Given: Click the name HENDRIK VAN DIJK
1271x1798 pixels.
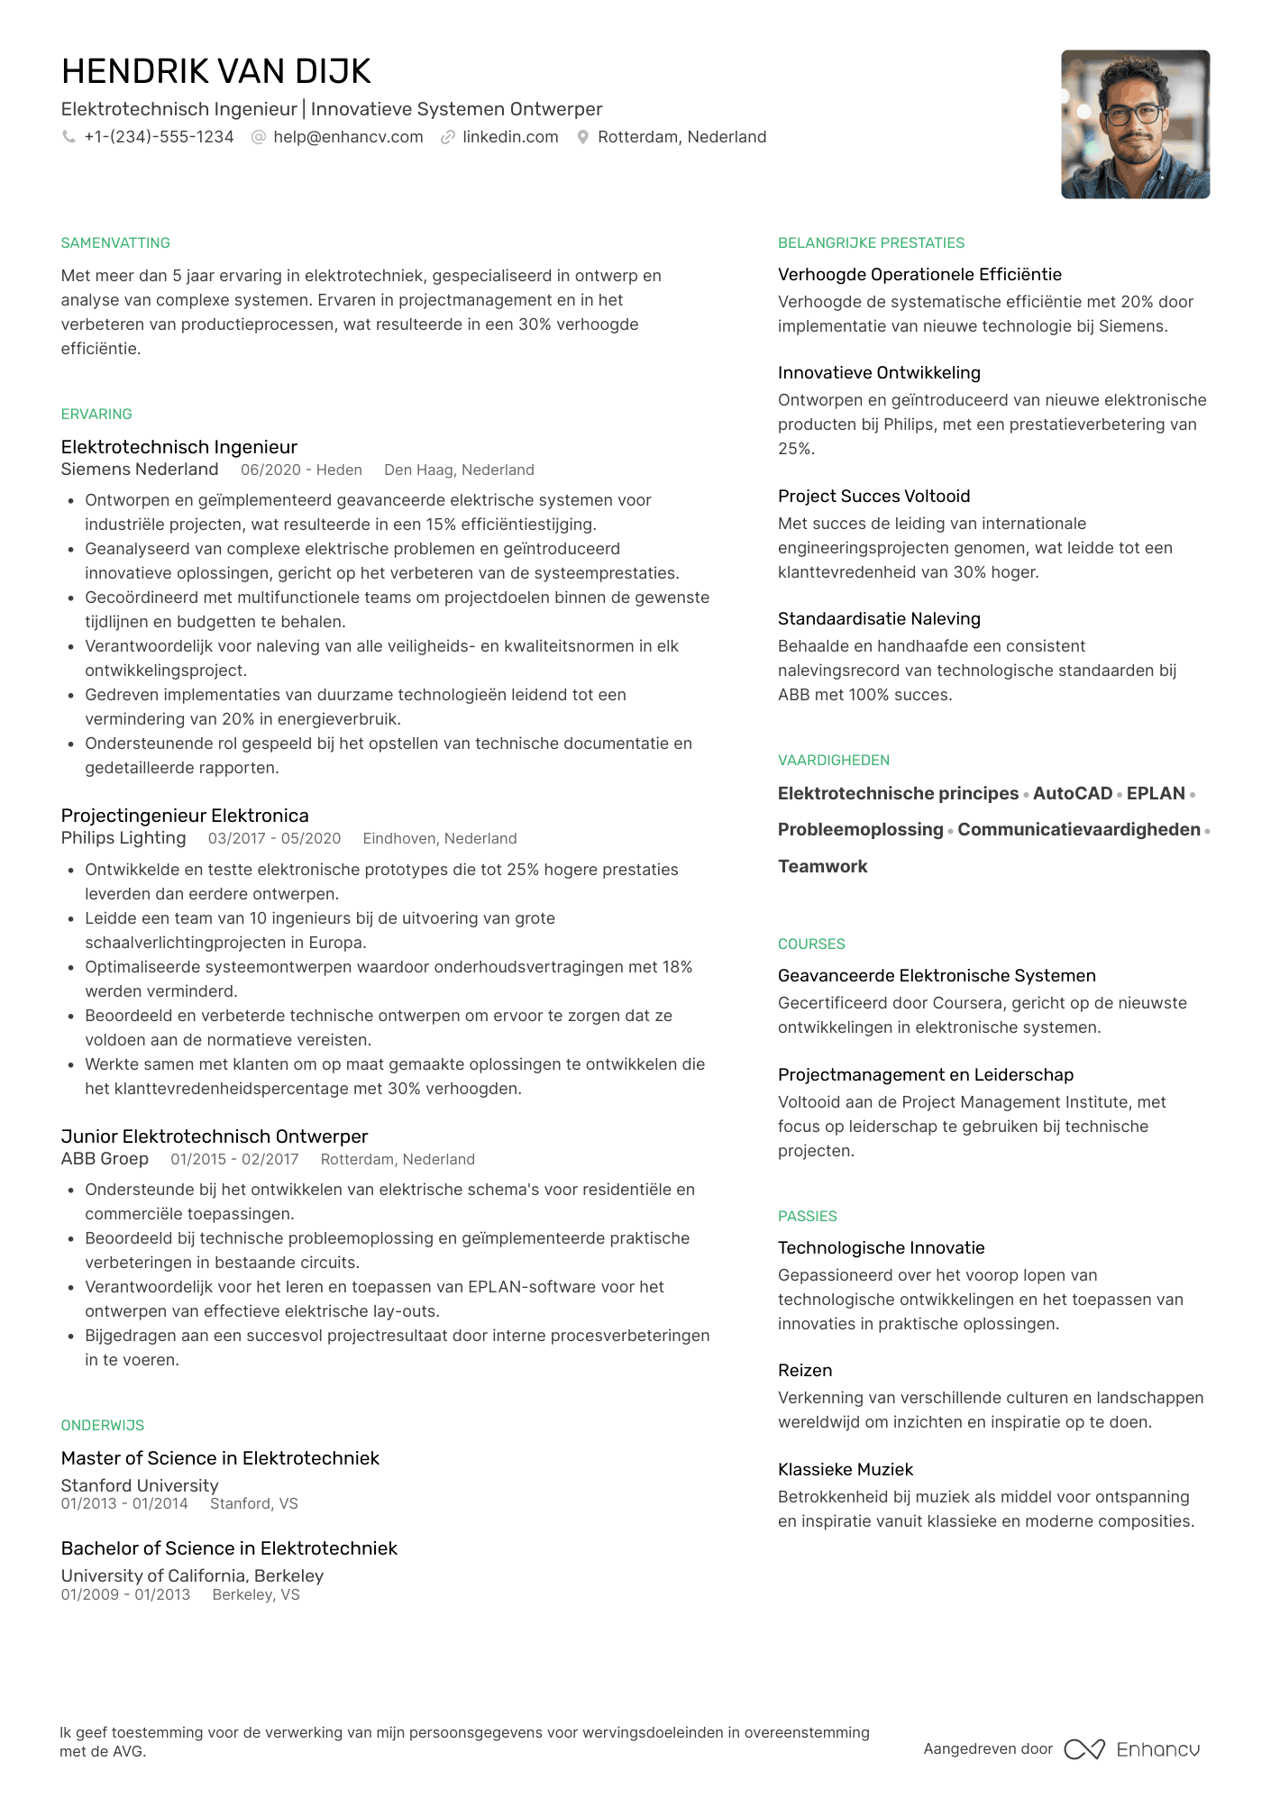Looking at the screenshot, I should tap(216, 72).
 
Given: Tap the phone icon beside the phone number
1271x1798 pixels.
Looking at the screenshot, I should tap(69, 137).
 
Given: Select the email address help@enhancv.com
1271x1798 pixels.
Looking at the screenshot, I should tap(348, 137).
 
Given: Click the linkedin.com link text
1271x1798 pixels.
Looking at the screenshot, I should tap(510, 137).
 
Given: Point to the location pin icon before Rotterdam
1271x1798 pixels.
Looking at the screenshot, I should tap(583, 137).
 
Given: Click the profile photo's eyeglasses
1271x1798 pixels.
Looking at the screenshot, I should tap(1133, 114).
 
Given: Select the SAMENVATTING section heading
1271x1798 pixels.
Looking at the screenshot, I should tap(115, 243).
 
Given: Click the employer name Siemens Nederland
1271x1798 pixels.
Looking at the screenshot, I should tap(140, 470).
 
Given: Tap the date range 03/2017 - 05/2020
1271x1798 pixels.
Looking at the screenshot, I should tap(274, 839).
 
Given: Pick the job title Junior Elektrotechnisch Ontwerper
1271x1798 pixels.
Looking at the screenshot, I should tap(215, 1136).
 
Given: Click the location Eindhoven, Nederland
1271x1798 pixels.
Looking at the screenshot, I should tap(440, 839).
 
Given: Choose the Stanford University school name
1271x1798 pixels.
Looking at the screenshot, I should tap(140, 1485).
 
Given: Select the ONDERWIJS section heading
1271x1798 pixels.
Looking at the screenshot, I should tap(103, 1426).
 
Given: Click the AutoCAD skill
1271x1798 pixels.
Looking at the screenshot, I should tap(1073, 794).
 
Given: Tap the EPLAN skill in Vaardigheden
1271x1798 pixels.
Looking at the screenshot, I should tap(1156, 794).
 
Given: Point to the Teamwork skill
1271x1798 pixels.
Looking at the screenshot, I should tap(822, 867).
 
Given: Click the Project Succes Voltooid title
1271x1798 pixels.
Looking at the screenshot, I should tap(873, 497).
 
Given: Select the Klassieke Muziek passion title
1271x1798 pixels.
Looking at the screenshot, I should tap(846, 1470).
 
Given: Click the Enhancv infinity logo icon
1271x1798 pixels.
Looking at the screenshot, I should tap(1084, 1749).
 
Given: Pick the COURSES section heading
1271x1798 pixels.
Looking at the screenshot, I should tap(811, 945).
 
